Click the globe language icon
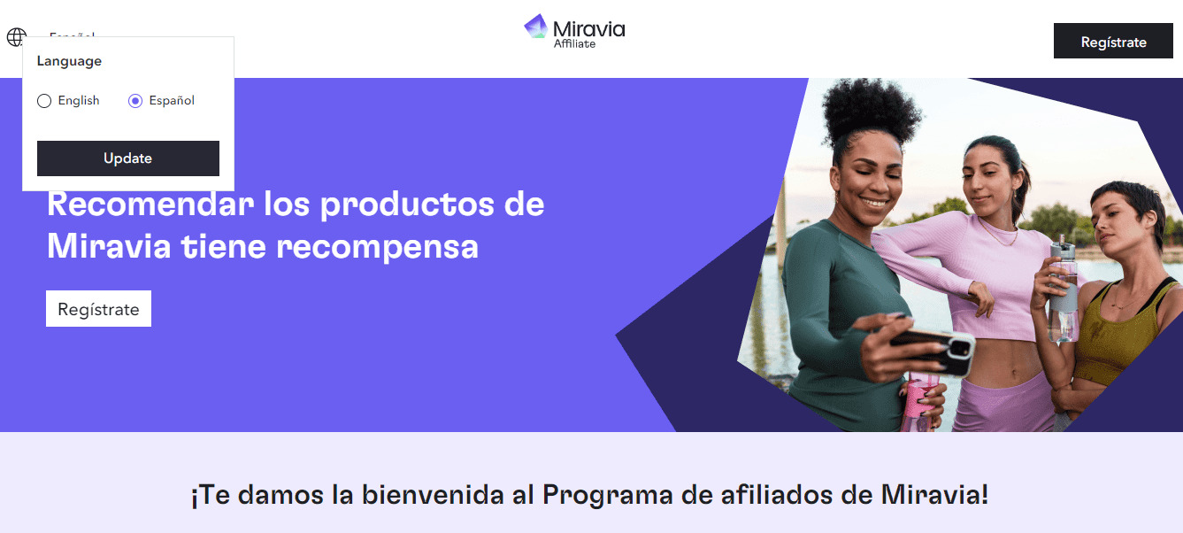click(16, 37)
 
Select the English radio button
click(44, 101)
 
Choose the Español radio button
click(135, 101)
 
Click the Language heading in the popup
click(69, 61)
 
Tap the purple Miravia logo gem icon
click(536, 27)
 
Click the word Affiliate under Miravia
click(574, 44)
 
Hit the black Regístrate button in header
click(1113, 42)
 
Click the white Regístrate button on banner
click(98, 309)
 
